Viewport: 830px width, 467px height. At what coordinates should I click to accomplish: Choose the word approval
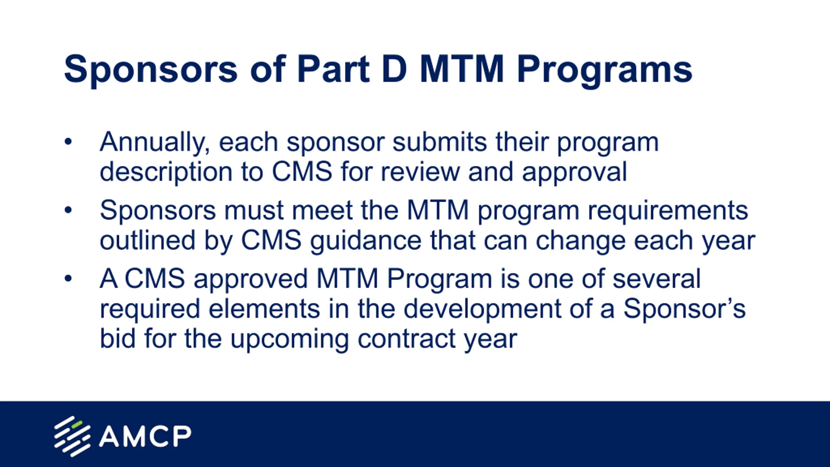(x=574, y=173)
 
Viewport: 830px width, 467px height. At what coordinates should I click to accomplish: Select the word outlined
(x=148, y=240)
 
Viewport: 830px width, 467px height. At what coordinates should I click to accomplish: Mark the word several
(x=657, y=279)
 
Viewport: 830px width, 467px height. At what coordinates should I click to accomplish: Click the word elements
(x=264, y=308)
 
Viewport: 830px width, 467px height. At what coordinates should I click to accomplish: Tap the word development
(x=482, y=310)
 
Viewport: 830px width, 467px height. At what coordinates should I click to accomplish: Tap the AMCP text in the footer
(x=145, y=437)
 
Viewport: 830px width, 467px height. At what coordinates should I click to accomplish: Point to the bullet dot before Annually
(x=68, y=142)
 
